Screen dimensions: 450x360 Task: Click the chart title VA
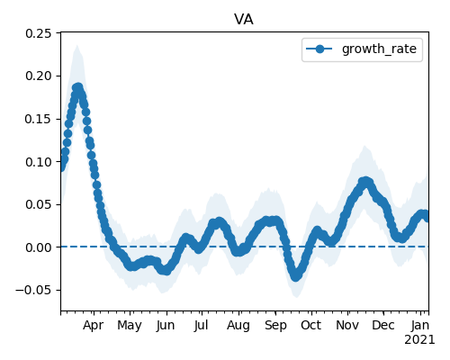pos(244,20)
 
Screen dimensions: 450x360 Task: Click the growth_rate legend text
pos(379,49)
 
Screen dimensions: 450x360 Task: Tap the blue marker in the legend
pos(319,49)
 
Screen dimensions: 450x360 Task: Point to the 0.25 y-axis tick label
pos(39,33)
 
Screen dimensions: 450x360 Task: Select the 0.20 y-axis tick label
pos(39,76)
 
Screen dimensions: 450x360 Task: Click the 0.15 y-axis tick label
pos(39,119)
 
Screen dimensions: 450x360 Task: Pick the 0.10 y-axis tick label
pos(39,162)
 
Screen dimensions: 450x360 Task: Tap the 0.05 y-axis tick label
pos(39,204)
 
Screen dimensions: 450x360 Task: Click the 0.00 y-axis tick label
pos(39,247)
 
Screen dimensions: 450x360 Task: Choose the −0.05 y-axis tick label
pos(34,290)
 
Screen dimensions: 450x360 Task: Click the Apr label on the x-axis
pos(93,325)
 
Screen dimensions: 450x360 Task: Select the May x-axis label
pos(130,325)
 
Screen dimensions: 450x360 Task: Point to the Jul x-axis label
pos(201,325)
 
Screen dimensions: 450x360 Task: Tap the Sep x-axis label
pos(275,325)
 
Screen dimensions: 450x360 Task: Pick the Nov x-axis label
pos(347,325)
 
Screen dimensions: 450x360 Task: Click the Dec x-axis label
pos(383,325)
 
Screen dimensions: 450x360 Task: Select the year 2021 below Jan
pos(419,340)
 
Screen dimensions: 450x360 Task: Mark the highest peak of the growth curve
pos(77,88)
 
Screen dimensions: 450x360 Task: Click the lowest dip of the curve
pos(296,276)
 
